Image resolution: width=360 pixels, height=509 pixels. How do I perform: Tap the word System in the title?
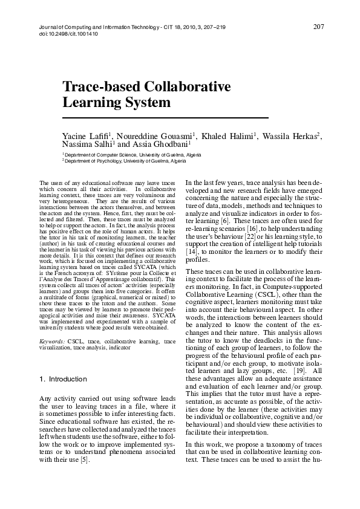coord(145,102)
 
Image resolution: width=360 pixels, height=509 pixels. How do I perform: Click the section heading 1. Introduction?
coord(63,379)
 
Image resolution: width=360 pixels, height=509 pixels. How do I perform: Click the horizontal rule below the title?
coord(165,116)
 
